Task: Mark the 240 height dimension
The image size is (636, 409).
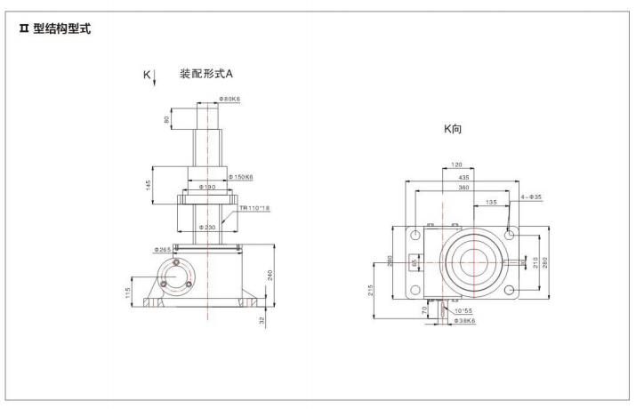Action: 270,275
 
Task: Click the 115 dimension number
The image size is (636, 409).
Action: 129,290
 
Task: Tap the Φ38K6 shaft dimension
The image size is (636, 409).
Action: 463,320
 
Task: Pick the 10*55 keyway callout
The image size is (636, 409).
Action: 462,310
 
